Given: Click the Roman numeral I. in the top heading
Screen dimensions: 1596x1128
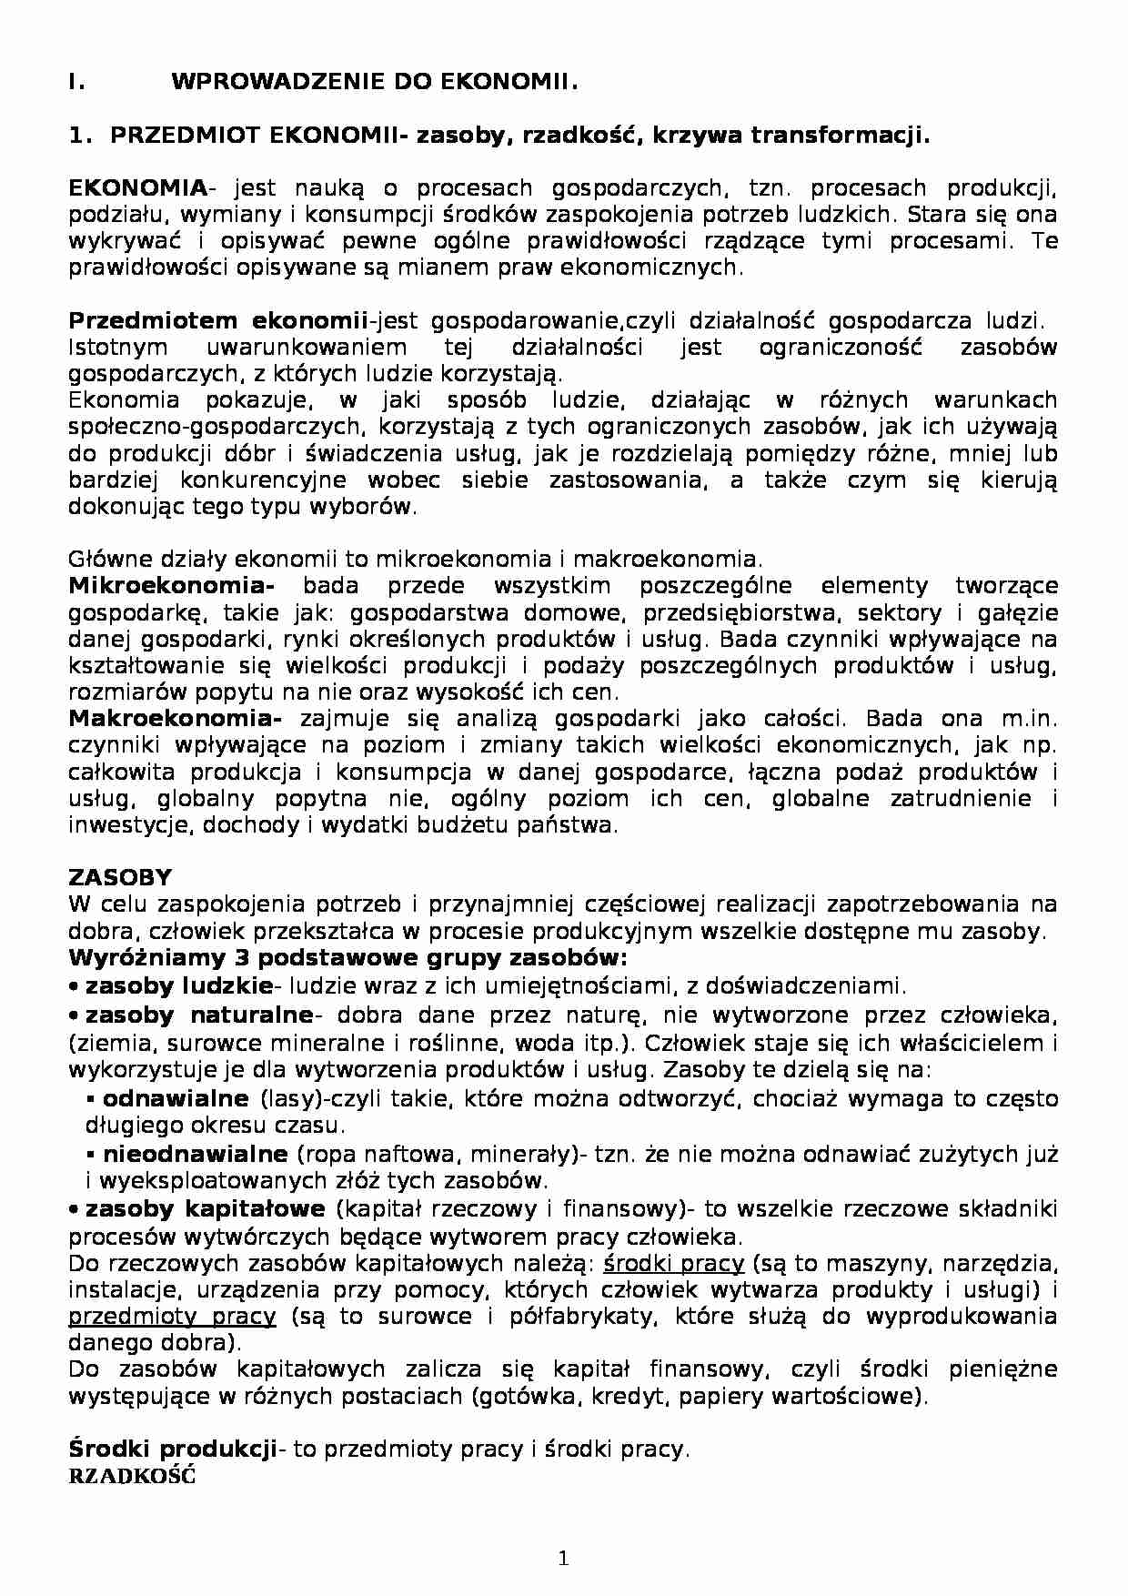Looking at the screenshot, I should point(76,82).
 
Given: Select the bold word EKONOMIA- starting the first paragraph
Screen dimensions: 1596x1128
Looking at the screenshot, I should point(141,188).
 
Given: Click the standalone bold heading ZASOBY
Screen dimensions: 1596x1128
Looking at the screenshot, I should point(120,877).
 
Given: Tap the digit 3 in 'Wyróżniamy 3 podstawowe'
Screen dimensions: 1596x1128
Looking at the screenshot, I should point(245,958).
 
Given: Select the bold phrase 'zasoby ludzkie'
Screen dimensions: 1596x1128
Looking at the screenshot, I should point(178,985).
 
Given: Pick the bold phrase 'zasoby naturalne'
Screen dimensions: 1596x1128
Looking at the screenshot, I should point(199,1015).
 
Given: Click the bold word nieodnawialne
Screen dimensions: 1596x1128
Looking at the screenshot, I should point(196,1154).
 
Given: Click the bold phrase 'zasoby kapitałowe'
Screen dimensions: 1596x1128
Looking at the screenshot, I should point(205,1208).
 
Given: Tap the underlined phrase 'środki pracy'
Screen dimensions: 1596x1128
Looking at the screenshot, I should point(674,1263).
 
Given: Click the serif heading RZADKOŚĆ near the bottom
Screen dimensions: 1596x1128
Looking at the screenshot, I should point(132,1476).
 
